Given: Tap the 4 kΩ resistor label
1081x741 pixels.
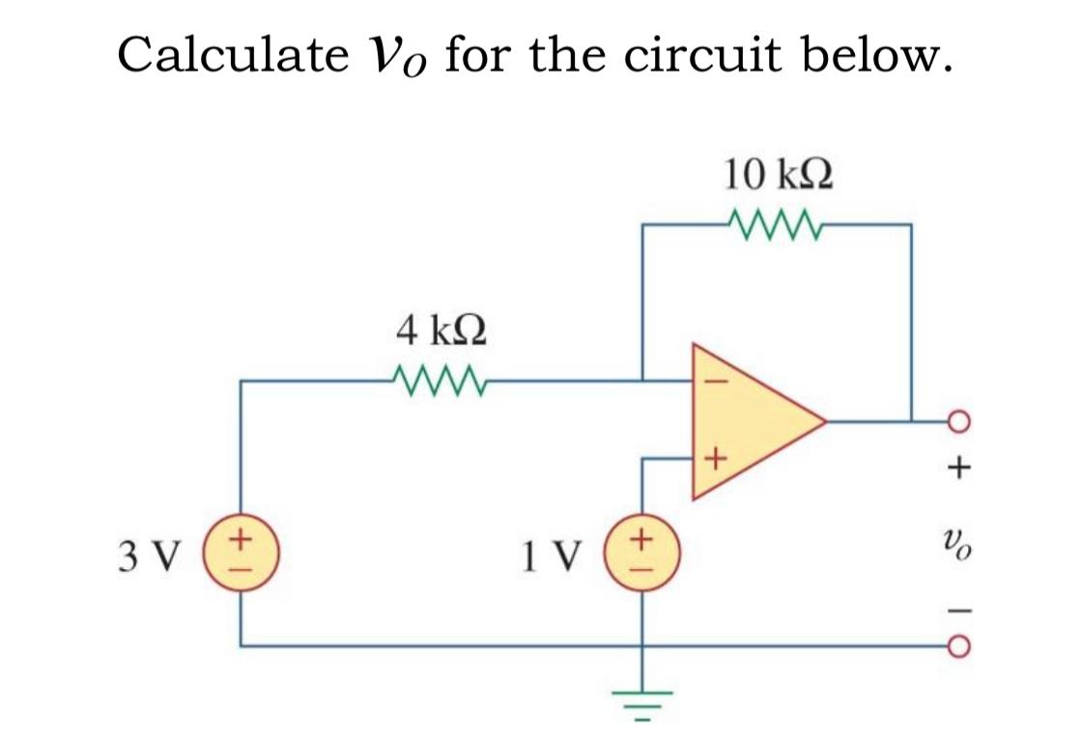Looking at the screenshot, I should point(441,331).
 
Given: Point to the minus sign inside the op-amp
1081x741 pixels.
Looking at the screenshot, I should point(715,381).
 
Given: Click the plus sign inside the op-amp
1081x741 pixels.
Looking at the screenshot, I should point(714,460).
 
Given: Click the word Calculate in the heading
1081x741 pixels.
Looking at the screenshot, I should point(230,55).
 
